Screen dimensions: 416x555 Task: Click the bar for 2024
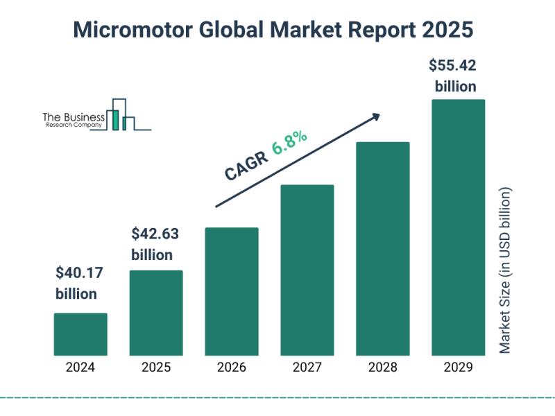(x=80, y=334)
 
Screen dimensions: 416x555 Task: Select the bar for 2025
(x=156, y=313)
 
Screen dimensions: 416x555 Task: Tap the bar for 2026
(x=232, y=291)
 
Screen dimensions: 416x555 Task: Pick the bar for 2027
(x=307, y=270)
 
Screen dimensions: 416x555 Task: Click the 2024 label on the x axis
(x=80, y=367)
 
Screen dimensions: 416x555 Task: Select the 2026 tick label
(x=232, y=367)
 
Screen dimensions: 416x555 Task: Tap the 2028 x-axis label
(x=383, y=367)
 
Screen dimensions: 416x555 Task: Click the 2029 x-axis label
(x=458, y=367)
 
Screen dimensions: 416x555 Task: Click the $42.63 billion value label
(x=152, y=243)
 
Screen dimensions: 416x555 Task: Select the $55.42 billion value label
(x=455, y=76)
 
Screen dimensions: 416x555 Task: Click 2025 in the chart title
(x=450, y=31)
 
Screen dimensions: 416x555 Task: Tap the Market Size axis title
(x=505, y=270)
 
